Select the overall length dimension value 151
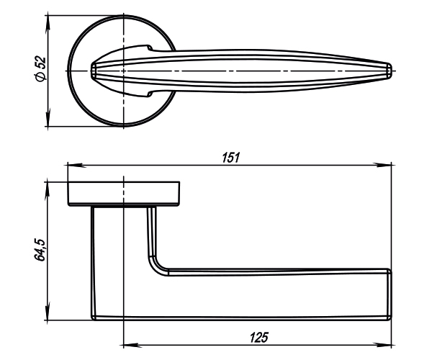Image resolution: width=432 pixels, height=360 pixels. pyautogui.click(x=230, y=157)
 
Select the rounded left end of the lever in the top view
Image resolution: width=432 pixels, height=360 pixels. pyautogui.click(x=94, y=70)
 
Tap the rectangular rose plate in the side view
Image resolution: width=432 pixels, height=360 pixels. pyautogui.click(x=124, y=194)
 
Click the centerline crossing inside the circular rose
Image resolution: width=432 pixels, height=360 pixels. pyautogui.click(x=124, y=70)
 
